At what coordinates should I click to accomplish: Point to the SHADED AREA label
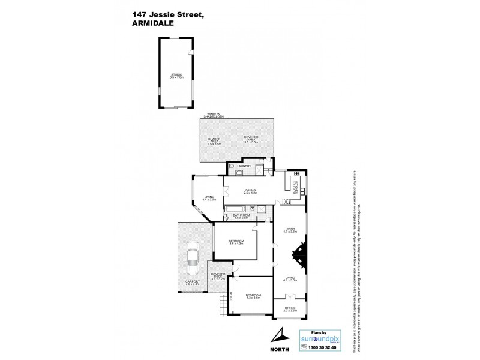[214, 142]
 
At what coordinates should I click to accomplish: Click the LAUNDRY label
[244, 166]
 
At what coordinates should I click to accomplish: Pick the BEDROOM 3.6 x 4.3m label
[236, 242]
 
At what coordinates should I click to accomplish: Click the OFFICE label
[290, 309]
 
